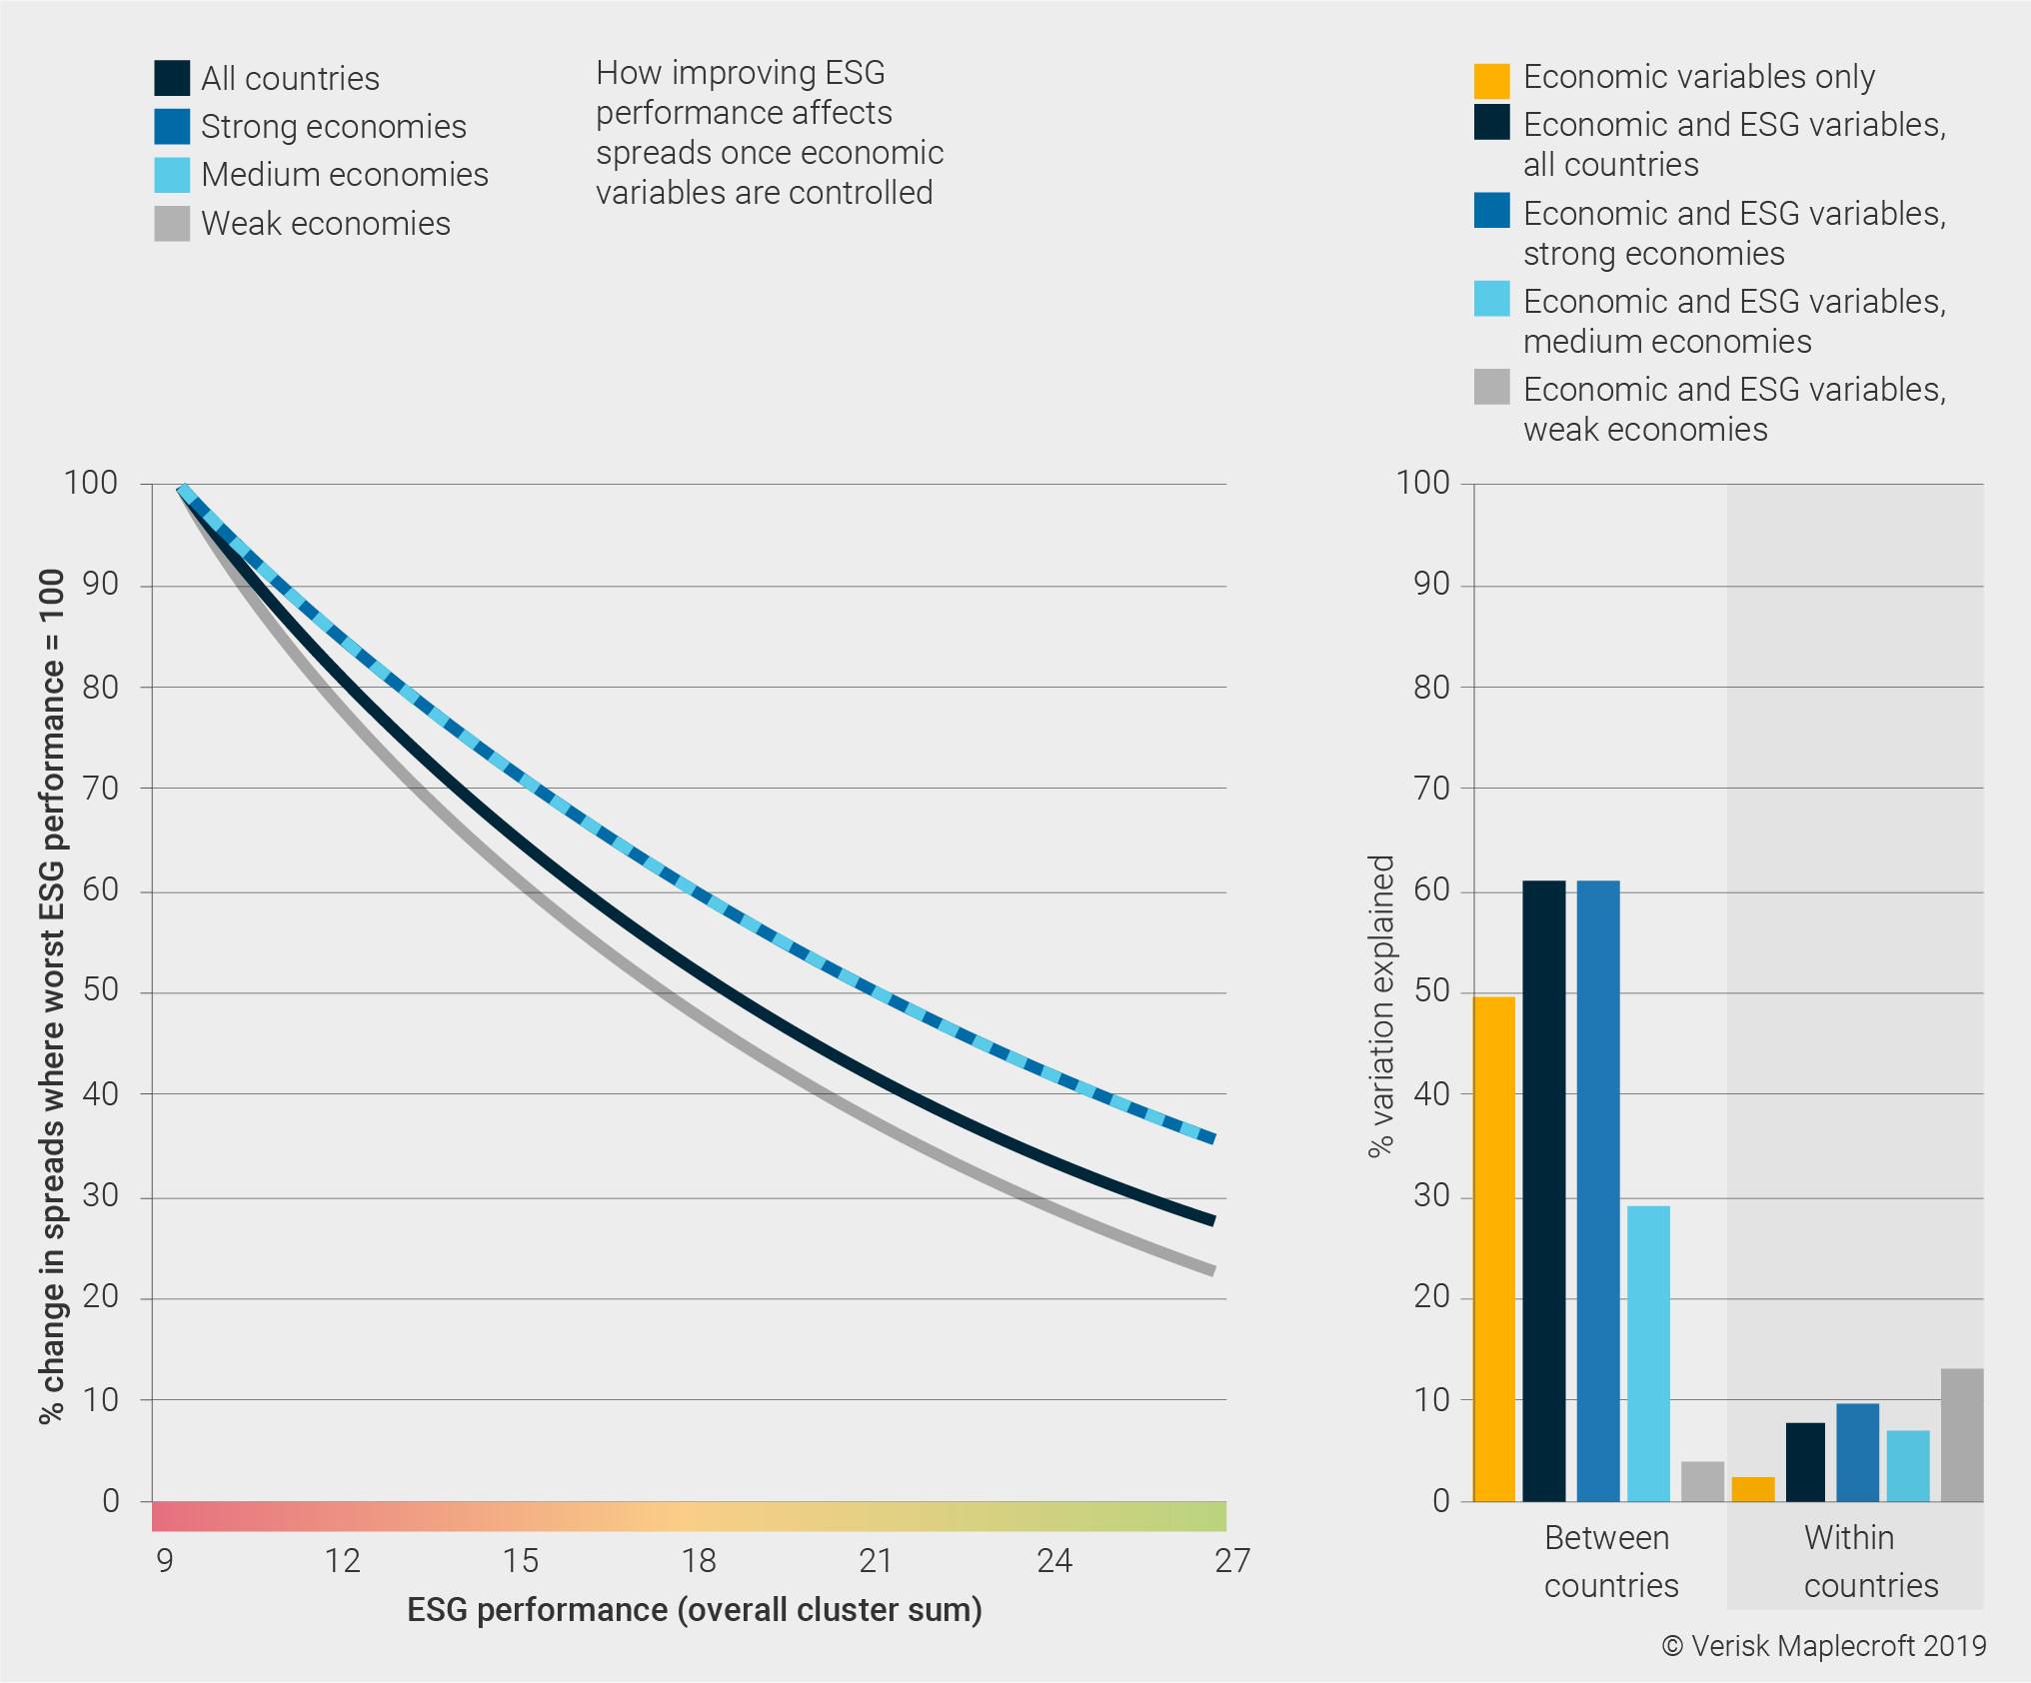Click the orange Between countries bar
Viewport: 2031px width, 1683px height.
pos(1494,1249)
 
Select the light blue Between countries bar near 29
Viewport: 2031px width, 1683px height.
pos(1648,1353)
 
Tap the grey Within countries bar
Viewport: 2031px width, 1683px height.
pos(1961,1435)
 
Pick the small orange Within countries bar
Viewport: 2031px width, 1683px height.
pos(1752,1489)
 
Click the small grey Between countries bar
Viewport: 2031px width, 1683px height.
pos(1702,1481)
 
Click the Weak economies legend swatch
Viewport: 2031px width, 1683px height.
pos(172,224)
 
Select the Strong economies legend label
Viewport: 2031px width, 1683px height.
pos(333,127)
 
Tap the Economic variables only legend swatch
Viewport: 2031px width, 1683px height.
pos(1491,80)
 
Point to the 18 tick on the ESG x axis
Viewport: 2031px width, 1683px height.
pos(699,1561)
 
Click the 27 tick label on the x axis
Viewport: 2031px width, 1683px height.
pos(1231,1561)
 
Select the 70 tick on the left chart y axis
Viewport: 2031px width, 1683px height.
pos(100,789)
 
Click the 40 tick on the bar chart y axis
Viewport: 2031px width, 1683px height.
pos(1431,1094)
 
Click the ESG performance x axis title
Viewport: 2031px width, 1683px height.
pos(695,1610)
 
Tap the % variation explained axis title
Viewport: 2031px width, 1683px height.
pos(1380,1005)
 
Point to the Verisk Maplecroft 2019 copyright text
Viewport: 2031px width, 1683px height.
pos(1824,1646)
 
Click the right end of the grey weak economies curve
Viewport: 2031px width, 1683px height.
pos(1211,1270)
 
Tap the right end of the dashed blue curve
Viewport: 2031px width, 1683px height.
pos(1211,1137)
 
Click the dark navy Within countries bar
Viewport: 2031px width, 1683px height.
pos(1805,1461)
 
